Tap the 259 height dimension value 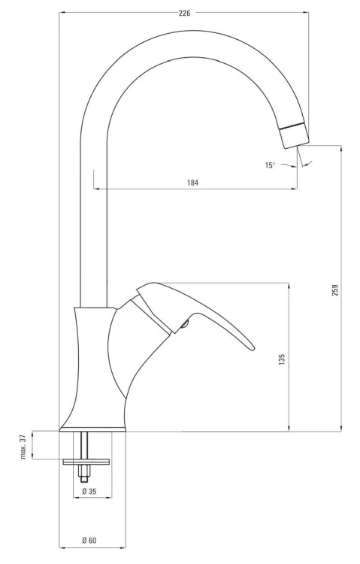335,290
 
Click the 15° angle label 270,165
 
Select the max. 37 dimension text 23,446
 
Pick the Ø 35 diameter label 89,492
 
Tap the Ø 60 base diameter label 89,541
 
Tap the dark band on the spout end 292,125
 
